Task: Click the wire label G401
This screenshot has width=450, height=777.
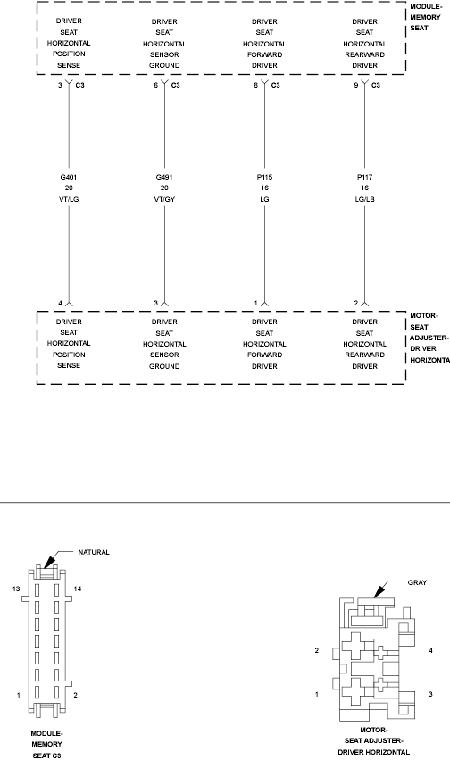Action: [x=69, y=177]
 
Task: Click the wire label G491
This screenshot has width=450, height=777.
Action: [x=164, y=177]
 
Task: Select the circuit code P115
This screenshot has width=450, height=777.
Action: [x=264, y=177]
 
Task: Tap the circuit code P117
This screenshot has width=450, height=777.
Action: [x=364, y=177]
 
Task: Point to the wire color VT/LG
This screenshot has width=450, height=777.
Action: [x=69, y=202]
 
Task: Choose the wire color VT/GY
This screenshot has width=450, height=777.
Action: [x=164, y=202]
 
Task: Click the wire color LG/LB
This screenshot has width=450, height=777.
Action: [x=364, y=202]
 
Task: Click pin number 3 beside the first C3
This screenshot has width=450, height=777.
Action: [x=60, y=85]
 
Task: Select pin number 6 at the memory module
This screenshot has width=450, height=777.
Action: [x=156, y=85]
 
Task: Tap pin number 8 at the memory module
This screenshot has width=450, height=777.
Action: [x=255, y=85]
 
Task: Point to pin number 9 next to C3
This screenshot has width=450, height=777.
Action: [x=355, y=85]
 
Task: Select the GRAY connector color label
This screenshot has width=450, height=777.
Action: [x=416, y=581]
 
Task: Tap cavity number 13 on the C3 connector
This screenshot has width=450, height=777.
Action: [x=16, y=589]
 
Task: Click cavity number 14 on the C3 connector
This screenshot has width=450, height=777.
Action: [x=79, y=589]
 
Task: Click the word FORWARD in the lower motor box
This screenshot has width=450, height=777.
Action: [x=264, y=355]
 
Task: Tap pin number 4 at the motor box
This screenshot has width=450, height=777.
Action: [x=60, y=303]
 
